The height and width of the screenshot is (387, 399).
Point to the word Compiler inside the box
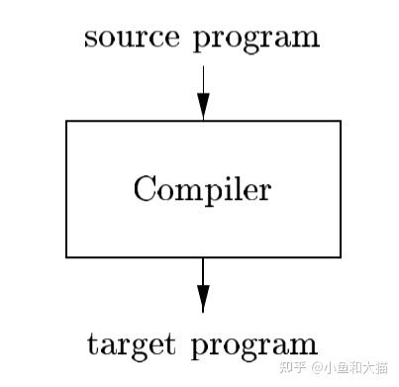(x=202, y=189)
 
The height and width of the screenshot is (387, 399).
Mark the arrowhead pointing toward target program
(x=203, y=299)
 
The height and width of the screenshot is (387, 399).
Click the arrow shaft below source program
(x=203, y=79)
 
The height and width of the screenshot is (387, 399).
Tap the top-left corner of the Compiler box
(x=67, y=122)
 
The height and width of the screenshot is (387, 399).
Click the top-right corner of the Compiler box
(x=340, y=122)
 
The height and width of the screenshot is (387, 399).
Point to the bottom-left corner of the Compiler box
(x=67, y=256)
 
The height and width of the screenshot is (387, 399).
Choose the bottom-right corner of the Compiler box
(x=340, y=256)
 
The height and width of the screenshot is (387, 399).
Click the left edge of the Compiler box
(x=67, y=189)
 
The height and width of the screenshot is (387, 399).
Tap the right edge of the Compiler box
(x=340, y=189)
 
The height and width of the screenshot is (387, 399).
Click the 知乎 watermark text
(x=292, y=367)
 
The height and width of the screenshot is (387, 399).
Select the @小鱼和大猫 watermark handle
(x=351, y=367)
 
